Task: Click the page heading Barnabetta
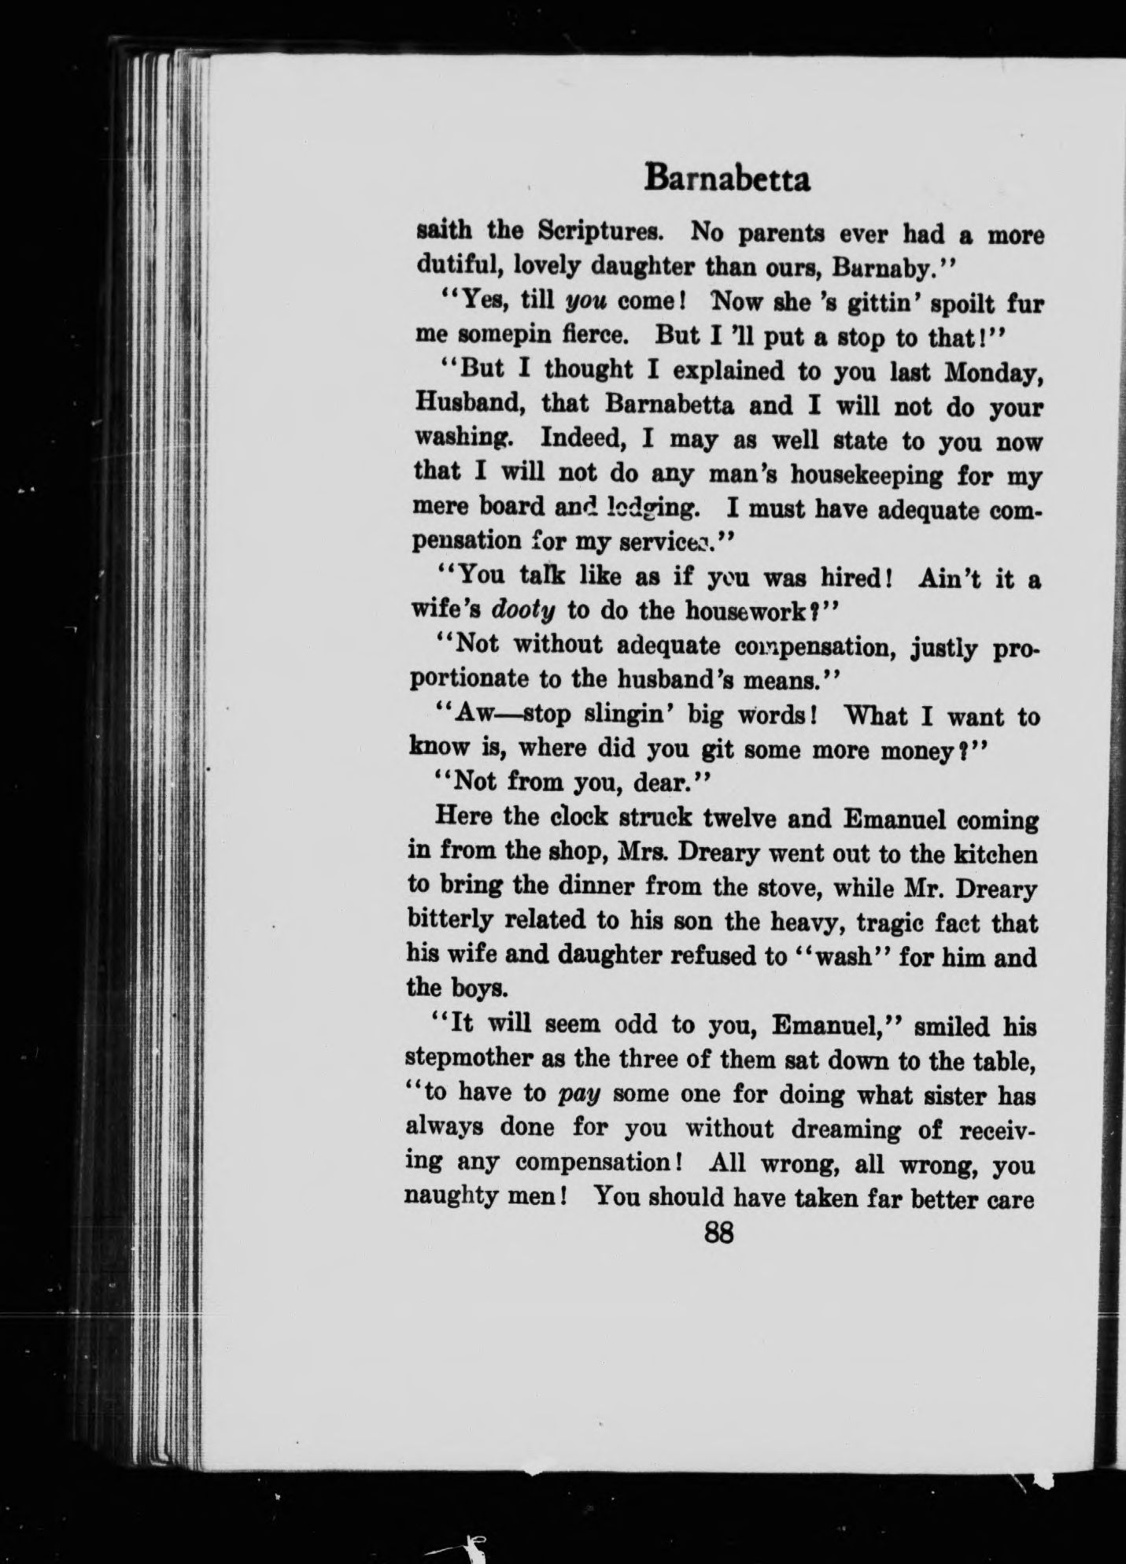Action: (726, 179)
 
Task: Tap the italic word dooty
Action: (533, 610)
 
